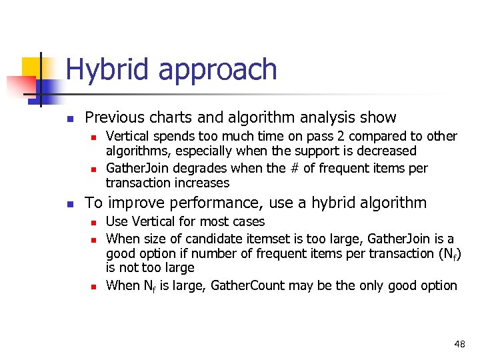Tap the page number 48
(459, 344)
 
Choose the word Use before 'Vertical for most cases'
(117, 221)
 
